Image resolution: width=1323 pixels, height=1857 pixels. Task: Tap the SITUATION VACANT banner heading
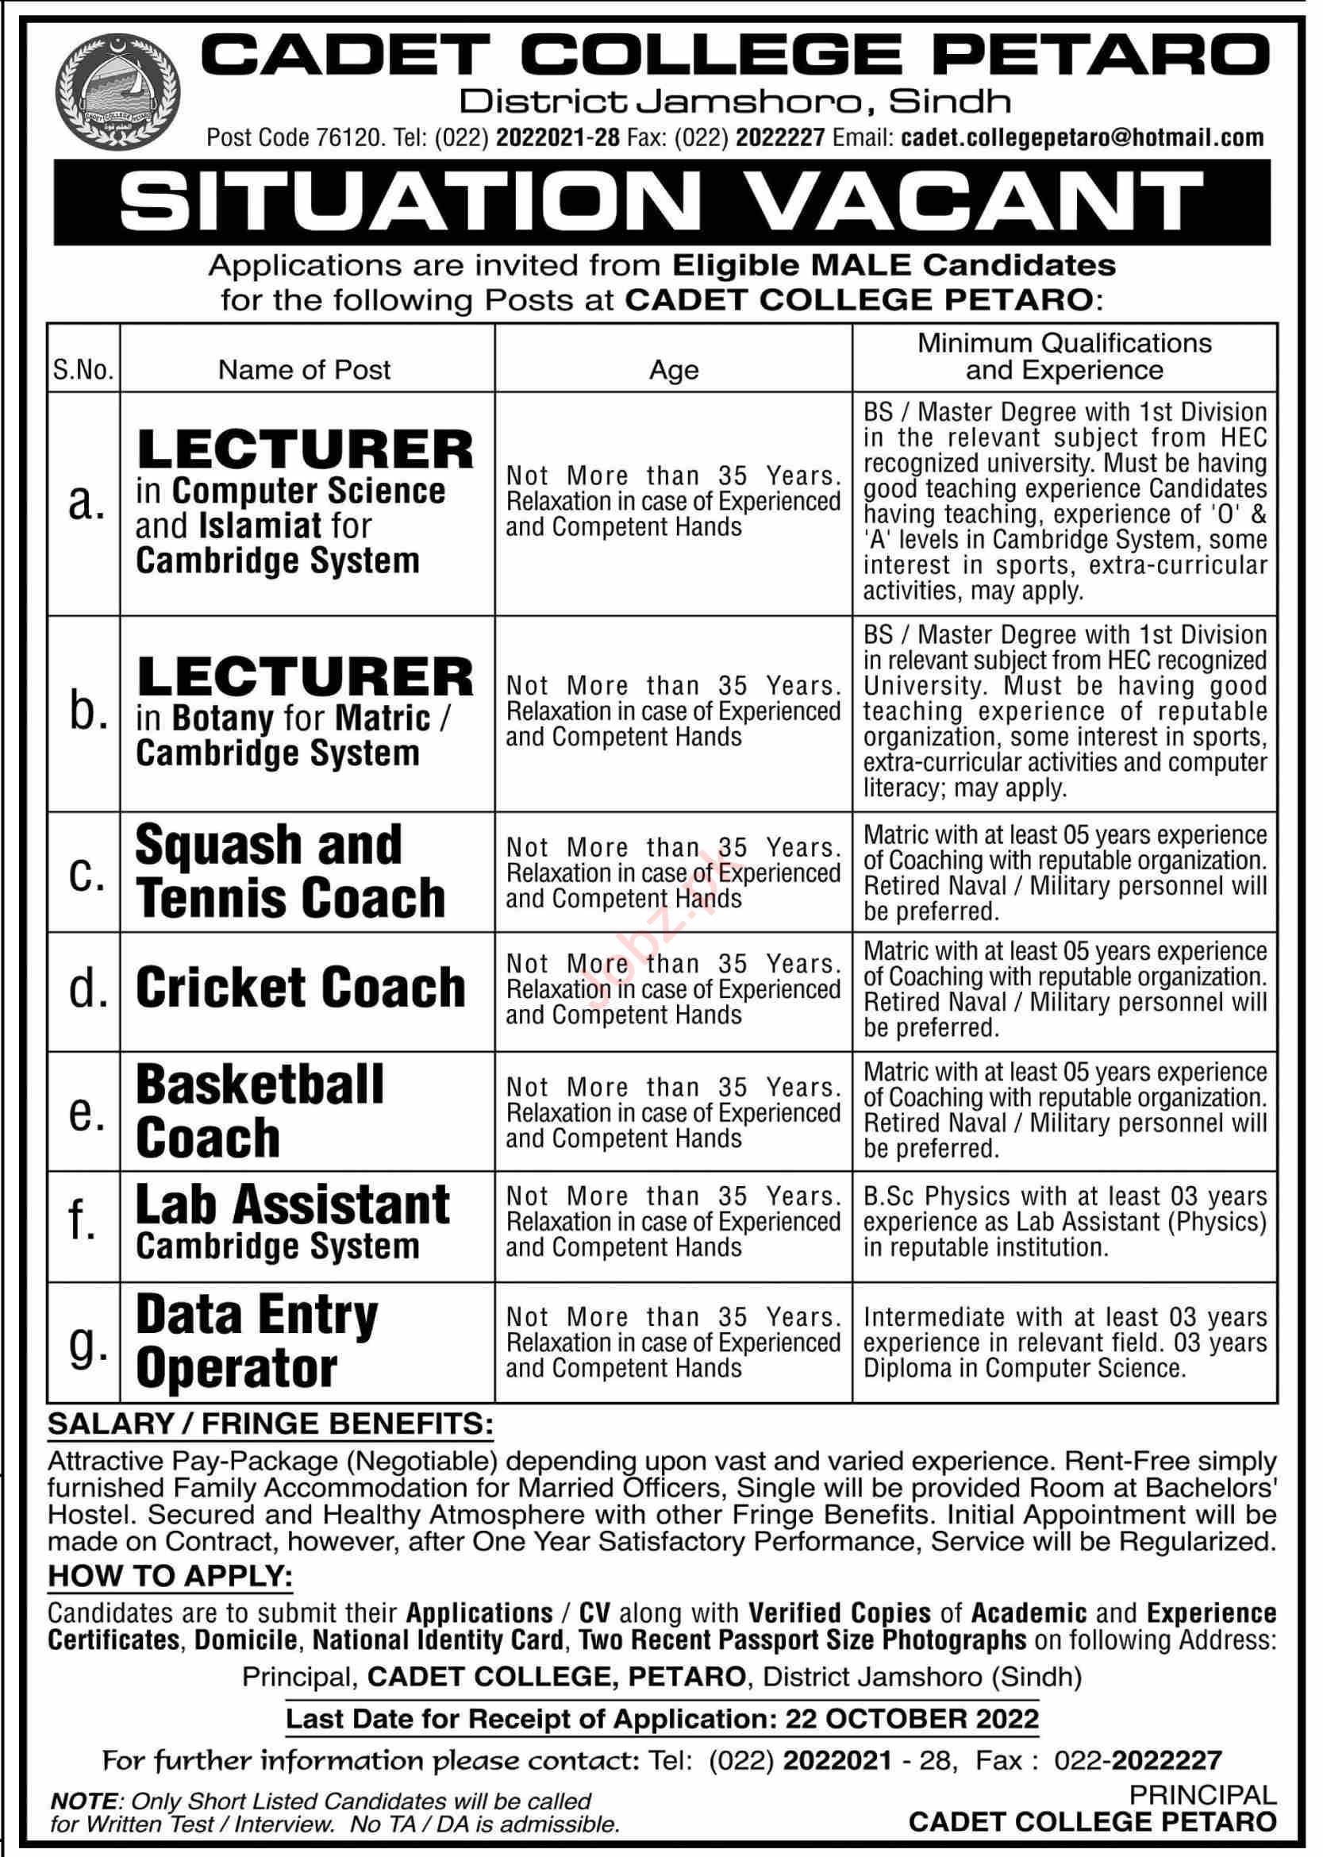point(662,202)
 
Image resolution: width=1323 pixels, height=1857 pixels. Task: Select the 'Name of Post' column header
point(305,370)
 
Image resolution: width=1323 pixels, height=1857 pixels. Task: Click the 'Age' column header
point(673,371)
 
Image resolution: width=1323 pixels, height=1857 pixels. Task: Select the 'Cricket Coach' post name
point(300,989)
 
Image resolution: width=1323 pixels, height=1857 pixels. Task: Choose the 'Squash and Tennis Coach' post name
point(289,871)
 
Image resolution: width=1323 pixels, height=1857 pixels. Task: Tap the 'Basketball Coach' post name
point(259,1112)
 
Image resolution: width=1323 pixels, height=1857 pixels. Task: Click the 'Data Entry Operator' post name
point(256,1342)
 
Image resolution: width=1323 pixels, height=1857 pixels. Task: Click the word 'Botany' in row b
point(222,719)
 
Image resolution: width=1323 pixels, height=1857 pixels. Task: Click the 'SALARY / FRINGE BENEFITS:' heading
point(271,1424)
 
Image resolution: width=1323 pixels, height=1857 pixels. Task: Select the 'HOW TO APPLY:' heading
point(170,1577)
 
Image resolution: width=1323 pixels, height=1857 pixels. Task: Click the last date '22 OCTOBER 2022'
point(913,1719)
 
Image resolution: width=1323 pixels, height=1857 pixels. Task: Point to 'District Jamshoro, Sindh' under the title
point(735,102)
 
